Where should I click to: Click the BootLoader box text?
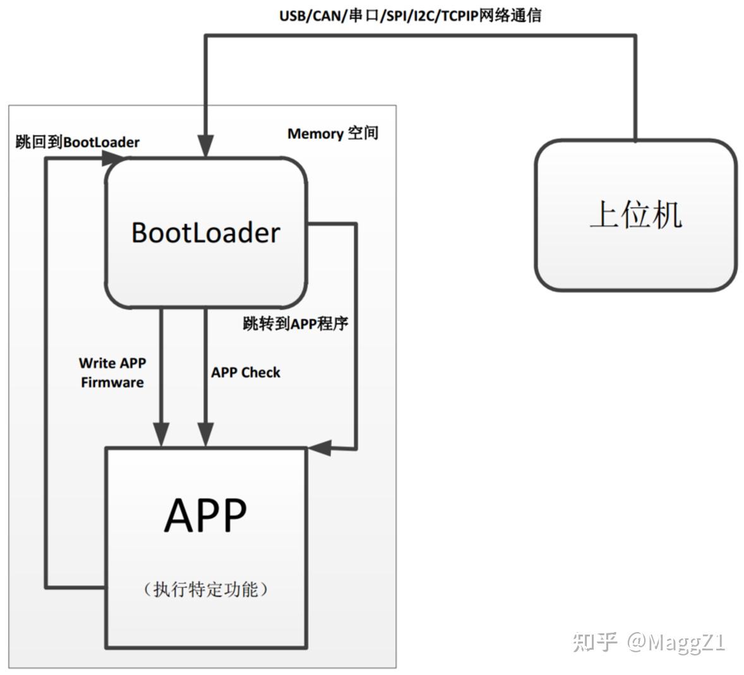[x=205, y=232]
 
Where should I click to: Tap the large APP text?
[x=205, y=515]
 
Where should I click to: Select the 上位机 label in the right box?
[x=635, y=214]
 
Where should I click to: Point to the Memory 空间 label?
[x=332, y=133]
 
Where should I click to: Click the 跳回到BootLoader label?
[x=77, y=142]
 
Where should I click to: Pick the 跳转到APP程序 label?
[x=295, y=324]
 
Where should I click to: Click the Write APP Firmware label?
[x=112, y=373]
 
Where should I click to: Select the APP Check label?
[x=245, y=373]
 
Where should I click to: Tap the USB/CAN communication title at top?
[x=410, y=15]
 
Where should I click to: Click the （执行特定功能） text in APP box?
[x=206, y=589]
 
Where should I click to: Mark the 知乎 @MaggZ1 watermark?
[x=649, y=642]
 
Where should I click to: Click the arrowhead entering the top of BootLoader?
[x=205, y=146]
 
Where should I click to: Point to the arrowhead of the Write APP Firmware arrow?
[x=161, y=435]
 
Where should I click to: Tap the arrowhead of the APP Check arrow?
[x=205, y=435]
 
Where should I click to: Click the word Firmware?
[x=112, y=383]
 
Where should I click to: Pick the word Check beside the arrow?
[x=260, y=373]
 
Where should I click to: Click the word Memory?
[x=315, y=134]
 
